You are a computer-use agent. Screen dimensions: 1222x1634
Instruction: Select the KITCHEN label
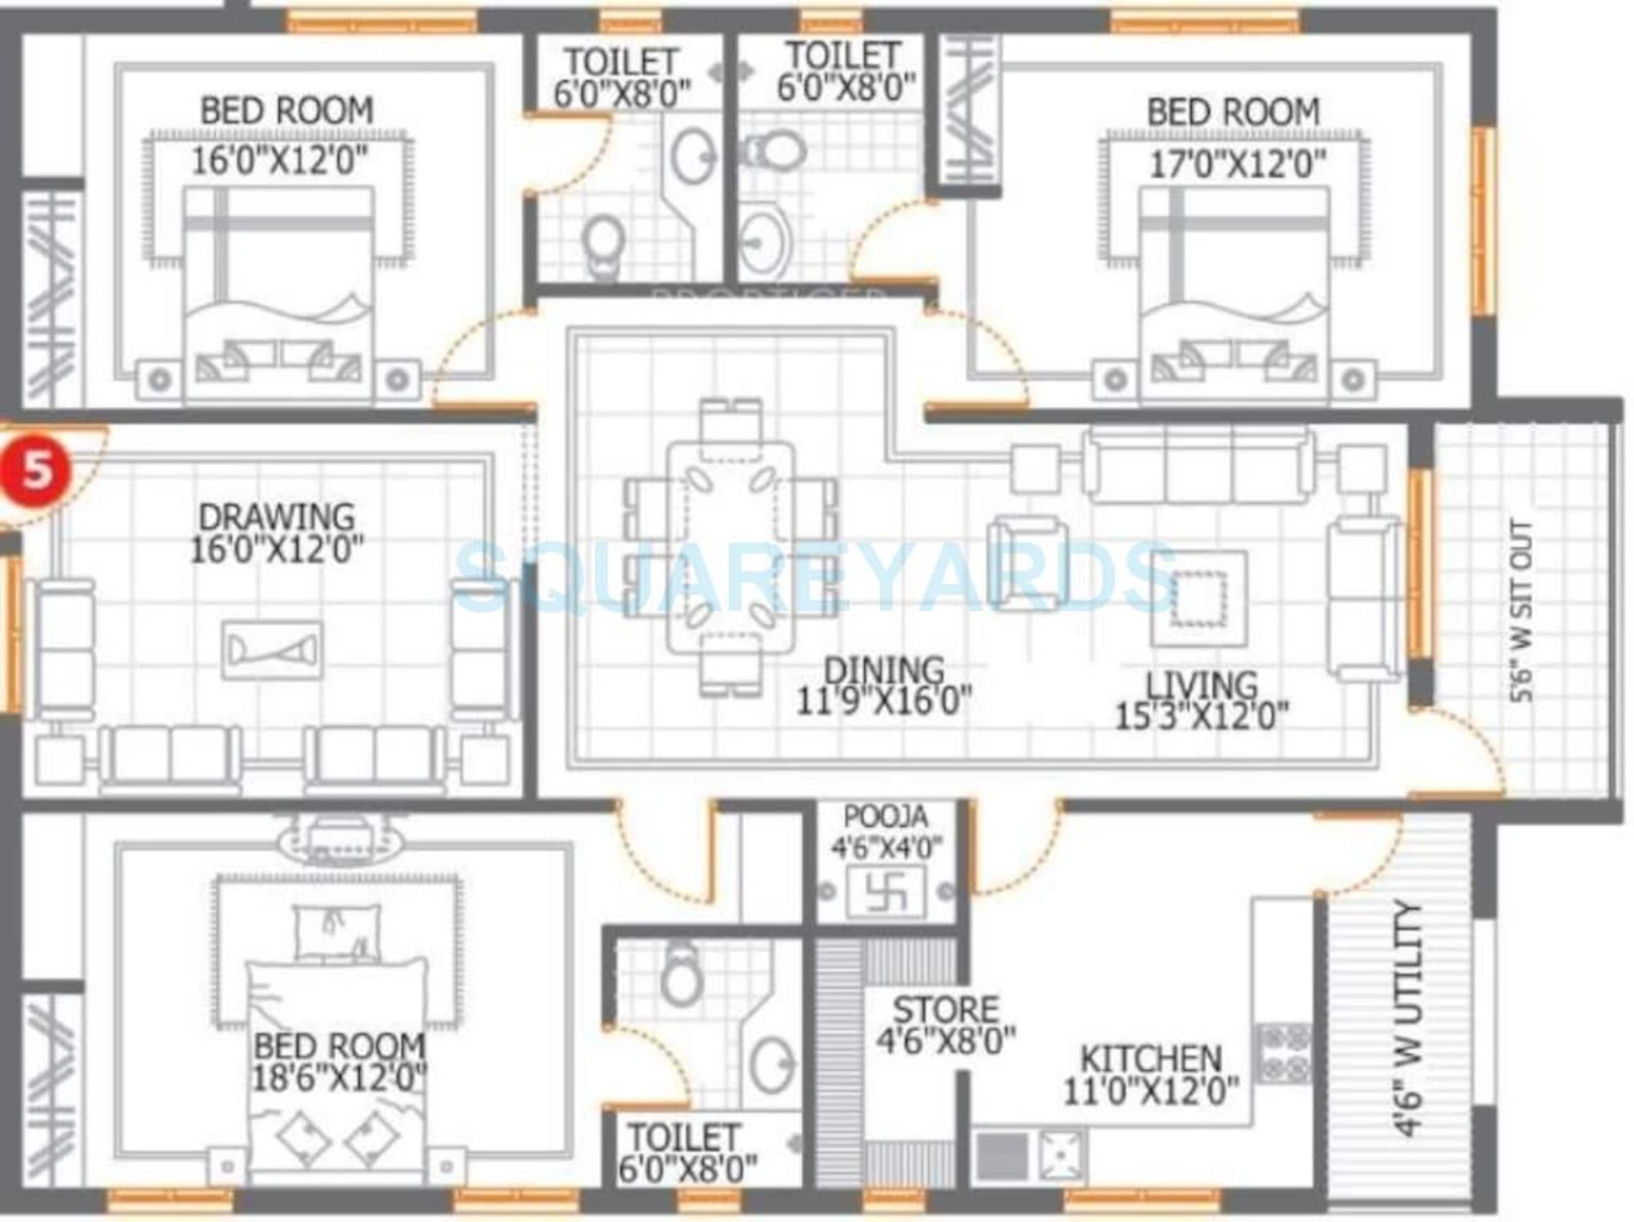1150,1059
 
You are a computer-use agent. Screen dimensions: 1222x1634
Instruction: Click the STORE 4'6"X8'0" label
946,1025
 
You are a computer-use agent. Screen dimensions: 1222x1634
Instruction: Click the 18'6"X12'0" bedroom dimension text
339,1081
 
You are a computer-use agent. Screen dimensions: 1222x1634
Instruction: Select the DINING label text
883,670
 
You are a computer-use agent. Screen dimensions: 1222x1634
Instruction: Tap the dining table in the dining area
730,547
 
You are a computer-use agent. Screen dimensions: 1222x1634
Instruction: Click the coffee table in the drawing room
272,650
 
